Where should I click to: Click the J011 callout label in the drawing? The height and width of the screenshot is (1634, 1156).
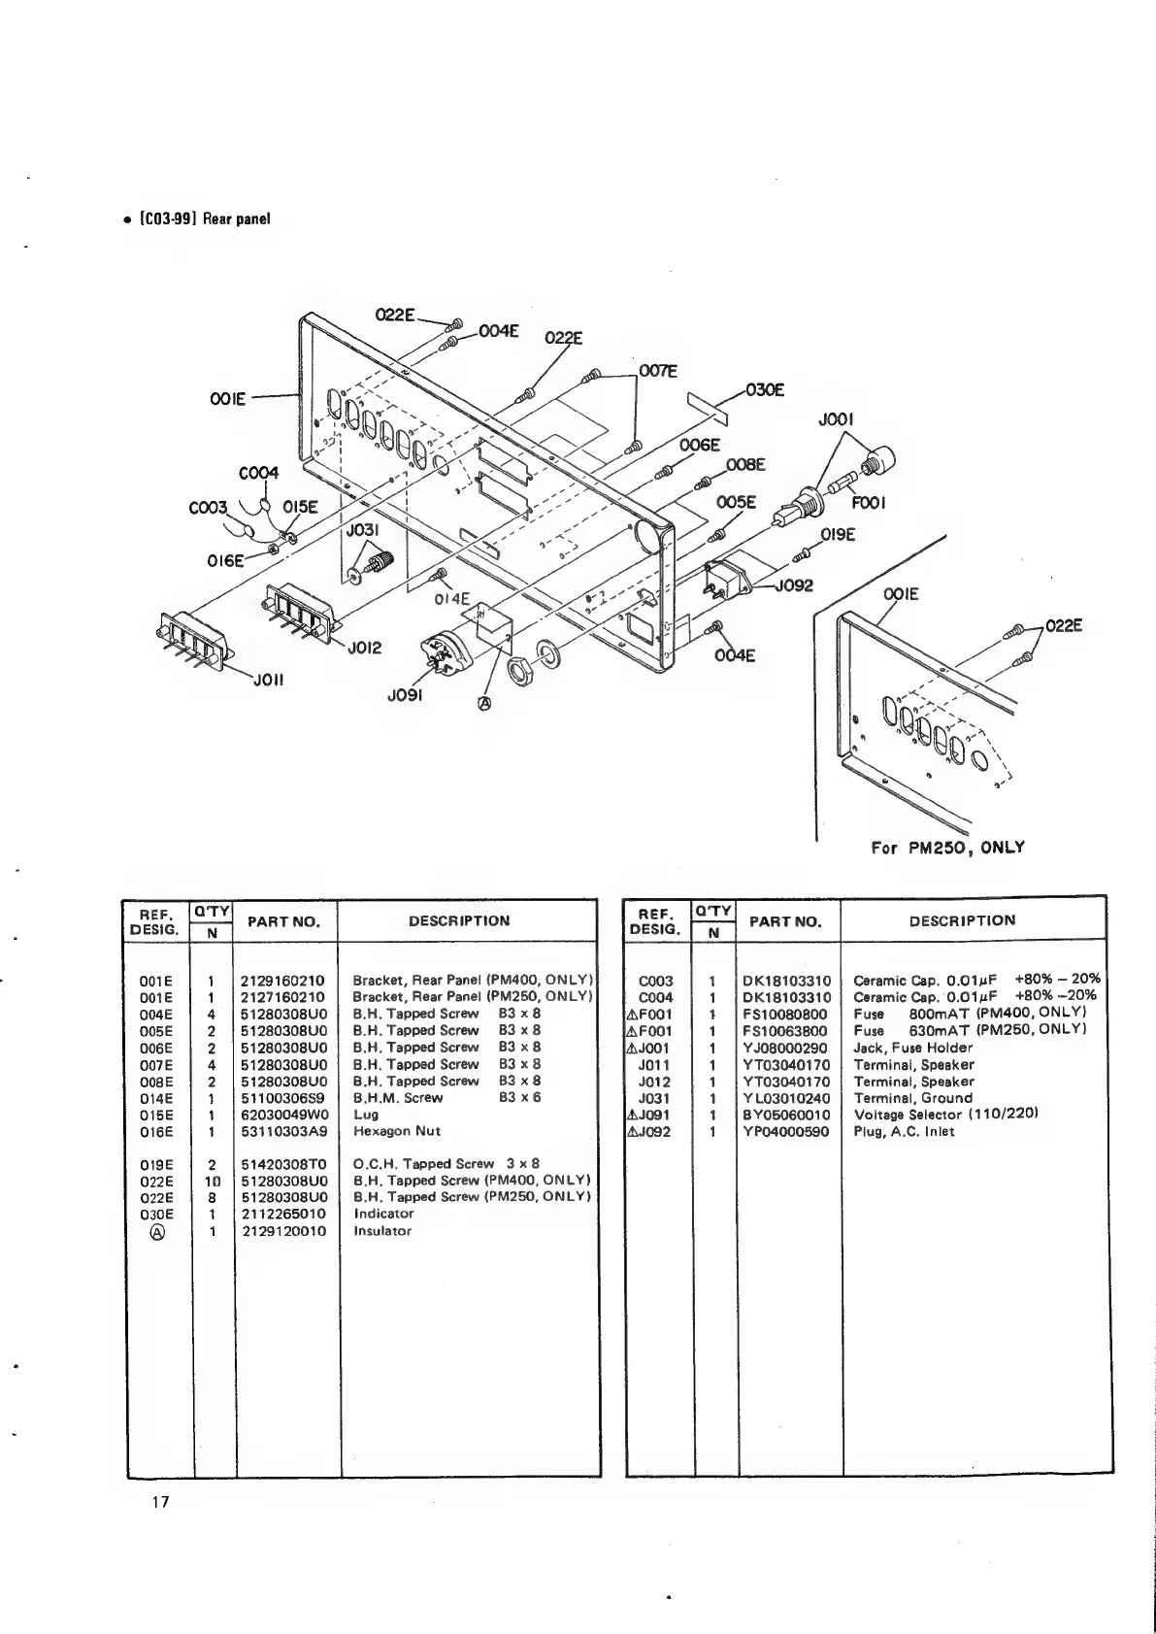267,680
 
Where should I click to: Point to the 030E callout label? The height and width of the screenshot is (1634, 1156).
765,391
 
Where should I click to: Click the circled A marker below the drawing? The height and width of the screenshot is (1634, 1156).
485,704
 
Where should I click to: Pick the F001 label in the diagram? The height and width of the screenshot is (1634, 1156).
868,504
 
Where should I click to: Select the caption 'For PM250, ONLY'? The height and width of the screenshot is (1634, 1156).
947,847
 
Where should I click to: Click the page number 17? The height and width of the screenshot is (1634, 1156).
160,1503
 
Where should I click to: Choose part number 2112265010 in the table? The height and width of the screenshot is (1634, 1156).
283,1214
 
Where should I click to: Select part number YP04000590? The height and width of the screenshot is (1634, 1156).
785,1131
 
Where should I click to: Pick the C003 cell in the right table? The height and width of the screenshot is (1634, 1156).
656,981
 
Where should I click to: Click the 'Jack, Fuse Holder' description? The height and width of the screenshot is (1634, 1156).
912,1048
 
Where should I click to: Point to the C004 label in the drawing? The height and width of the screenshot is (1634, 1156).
258,473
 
